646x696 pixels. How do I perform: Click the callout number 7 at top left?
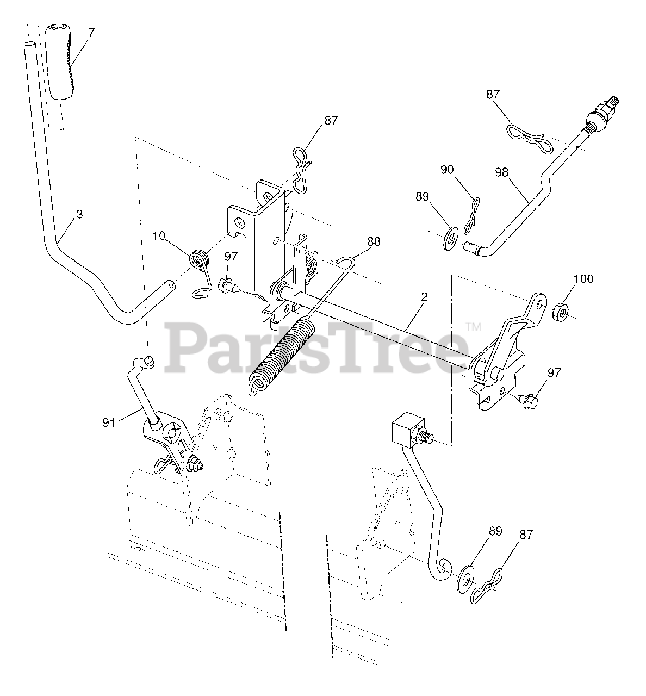(x=91, y=33)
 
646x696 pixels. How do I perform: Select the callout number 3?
(x=79, y=214)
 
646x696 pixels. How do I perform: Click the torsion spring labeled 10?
(x=201, y=259)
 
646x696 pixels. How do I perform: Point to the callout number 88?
(x=374, y=241)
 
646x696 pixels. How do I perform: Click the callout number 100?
(x=583, y=279)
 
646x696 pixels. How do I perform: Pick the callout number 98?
(x=501, y=172)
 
